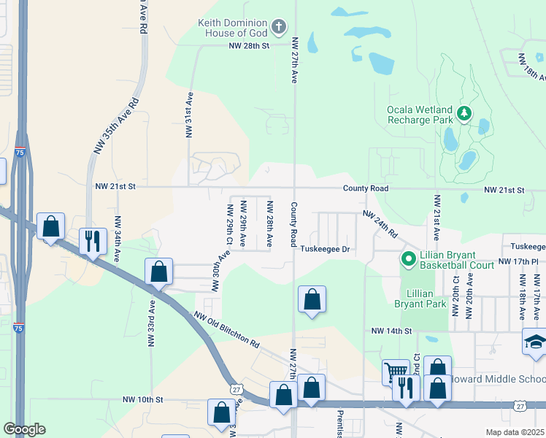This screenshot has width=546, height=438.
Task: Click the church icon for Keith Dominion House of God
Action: click(278, 28)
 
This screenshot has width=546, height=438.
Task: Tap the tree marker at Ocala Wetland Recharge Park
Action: click(464, 113)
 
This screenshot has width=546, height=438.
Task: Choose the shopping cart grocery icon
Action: click(396, 372)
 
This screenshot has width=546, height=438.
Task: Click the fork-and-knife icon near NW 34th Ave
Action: click(93, 241)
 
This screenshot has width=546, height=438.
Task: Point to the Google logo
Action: click(24, 429)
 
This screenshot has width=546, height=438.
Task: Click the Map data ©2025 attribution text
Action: click(515, 432)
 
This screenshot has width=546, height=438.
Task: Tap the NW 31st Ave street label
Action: click(189, 115)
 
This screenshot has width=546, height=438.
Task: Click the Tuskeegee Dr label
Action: click(326, 249)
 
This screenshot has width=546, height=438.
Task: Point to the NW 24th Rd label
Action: click(380, 225)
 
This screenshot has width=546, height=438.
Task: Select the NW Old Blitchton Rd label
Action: click(226, 329)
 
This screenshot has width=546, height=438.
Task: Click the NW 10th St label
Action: click(142, 400)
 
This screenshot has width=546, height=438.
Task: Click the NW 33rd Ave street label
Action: click(153, 318)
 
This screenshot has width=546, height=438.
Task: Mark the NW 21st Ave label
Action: click(437, 218)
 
